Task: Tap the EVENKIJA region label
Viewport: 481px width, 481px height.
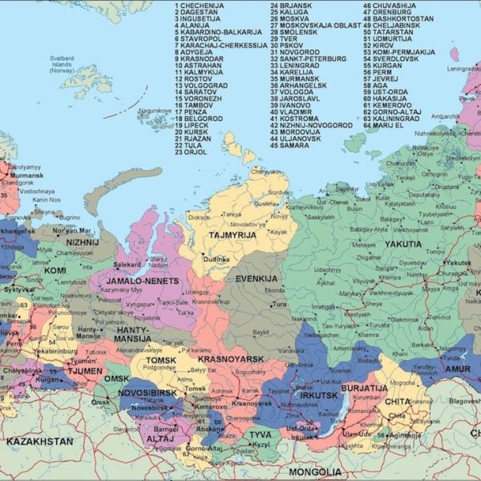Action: click(x=256, y=278)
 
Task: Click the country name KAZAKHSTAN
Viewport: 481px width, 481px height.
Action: click(x=39, y=442)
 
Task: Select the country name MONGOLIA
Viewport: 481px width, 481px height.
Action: click(x=314, y=471)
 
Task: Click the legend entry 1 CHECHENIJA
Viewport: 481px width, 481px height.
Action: click(x=200, y=6)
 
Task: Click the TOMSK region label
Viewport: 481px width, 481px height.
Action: click(x=161, y=361)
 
